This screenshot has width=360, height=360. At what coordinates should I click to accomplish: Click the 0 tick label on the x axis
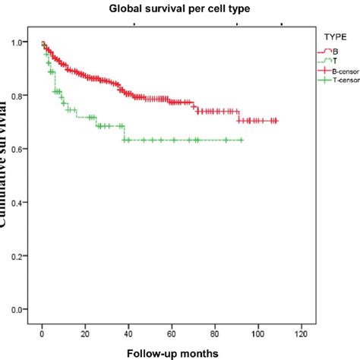[x=42, y=333]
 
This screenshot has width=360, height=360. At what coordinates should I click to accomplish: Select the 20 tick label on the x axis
[x=85, y=333]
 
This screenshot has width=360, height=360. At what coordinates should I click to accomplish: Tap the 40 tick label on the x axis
[x=128, y=333]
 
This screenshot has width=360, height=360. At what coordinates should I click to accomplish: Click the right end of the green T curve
[x=242, y=140]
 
